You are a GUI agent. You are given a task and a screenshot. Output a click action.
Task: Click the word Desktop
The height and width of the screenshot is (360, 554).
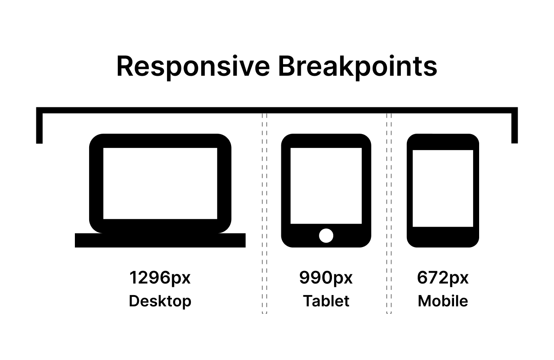tap(160, 302)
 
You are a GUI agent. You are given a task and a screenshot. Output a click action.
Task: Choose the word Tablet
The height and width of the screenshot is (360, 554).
tap(326, 301)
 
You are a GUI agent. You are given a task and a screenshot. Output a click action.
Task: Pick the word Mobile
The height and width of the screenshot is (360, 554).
tap(443, 301)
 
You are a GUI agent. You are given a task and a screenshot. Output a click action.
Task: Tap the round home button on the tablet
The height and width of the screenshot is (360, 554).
tap(326, 236)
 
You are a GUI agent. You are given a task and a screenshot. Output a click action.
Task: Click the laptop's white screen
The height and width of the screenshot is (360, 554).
tap(160, 183)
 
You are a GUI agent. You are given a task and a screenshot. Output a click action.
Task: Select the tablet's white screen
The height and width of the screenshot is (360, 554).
tap(326, 186)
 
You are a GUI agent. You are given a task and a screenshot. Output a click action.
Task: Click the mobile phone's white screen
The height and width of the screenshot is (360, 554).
tap(443, 188)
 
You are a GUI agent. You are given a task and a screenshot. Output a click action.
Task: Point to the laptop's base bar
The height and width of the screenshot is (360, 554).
tap(160, 240)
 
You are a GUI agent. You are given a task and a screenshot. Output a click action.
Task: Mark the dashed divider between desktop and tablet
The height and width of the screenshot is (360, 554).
tap(264, 213)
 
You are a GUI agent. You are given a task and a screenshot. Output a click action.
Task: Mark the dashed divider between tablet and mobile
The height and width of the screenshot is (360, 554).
tap(389, 213)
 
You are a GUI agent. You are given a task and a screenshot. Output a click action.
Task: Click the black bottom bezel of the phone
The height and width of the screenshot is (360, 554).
tap(443, 237)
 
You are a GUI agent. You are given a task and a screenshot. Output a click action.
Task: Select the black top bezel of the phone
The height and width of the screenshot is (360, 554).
tap(443, 142)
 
